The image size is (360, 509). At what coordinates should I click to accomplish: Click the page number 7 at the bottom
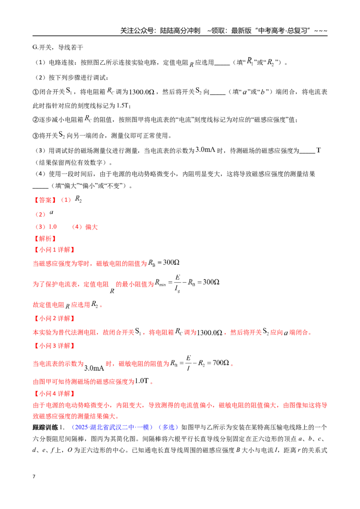[34, 477]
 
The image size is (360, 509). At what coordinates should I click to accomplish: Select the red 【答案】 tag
[45, 200]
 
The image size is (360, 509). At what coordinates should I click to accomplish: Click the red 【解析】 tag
[45, 239]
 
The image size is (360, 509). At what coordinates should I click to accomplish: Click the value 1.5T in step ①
[123, 106]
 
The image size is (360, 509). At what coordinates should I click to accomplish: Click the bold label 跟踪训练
[45, 427]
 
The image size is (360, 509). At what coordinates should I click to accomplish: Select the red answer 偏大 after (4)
[91, 227]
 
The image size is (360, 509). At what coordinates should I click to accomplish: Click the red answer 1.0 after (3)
[53, 227]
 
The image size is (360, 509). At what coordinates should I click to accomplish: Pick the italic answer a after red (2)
[51, 212]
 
